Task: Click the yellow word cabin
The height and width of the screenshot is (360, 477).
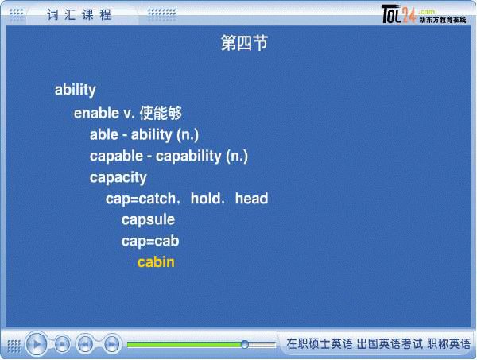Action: [x=156, y=262]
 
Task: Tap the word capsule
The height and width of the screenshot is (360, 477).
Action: [x=148, y=220]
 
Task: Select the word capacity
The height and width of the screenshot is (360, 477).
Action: [x=118, y=177]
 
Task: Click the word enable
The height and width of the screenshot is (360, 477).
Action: [x=96, y=113]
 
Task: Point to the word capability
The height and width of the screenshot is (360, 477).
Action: [x=188, y=157]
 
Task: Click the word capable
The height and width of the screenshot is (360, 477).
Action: [x=116, y=157]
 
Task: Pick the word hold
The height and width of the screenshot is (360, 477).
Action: [x=206, y=198]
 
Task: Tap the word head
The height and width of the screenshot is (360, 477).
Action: [x=251, y=198]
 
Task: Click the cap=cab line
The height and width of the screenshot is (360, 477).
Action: [x=150, y=242]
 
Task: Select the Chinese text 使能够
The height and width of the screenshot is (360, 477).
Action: [x=161, y=113]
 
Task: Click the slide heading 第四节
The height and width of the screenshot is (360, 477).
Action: [x=244, y=43]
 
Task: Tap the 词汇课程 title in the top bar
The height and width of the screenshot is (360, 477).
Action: [x=79, y=14]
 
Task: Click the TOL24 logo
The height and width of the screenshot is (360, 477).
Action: [x=398, y=14]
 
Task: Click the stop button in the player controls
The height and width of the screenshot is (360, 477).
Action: [x=62, y=344]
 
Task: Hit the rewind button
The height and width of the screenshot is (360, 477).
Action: [x=85, y=344]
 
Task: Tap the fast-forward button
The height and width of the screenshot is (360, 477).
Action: [x=111, y=344]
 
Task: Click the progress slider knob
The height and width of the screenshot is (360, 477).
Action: [x=245, y=344]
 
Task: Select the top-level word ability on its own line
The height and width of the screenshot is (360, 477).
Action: [x=76, y=90]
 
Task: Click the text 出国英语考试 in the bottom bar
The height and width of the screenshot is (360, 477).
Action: [x=390, y=344]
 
